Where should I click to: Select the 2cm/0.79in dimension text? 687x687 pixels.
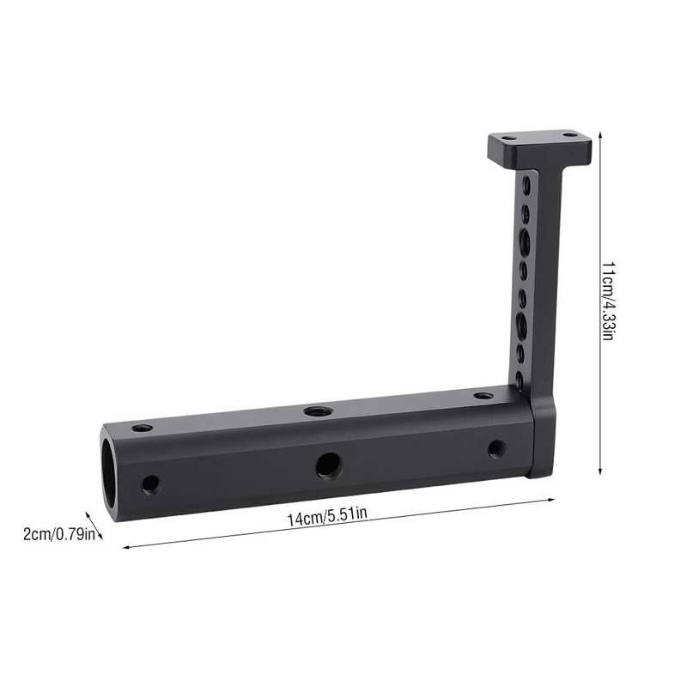[x=55, y=534]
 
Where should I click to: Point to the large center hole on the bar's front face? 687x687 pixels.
[x=327, y=465]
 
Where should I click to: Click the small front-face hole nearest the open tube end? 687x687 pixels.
[x=151, y=483]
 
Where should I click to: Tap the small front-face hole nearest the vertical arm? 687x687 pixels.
[x=495, y=447]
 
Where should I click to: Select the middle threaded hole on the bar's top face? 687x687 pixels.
[x=319, y=412]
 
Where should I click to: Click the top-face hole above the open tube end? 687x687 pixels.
[x=143, y=428]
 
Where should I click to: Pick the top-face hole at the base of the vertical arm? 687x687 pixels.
[x=483, y=396]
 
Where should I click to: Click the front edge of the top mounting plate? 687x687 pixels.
[x=539, y=158]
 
